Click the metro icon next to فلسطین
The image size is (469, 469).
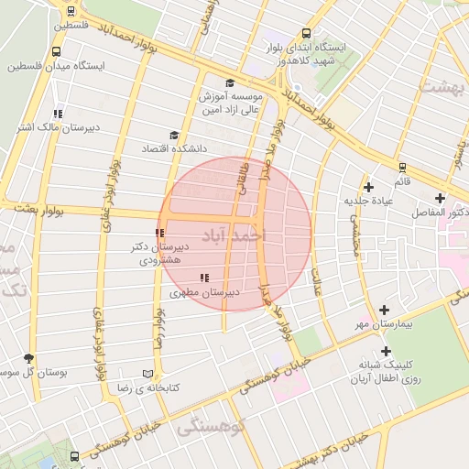click(x=71, y=11)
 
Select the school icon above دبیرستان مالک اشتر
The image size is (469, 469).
click(x=58, y=114)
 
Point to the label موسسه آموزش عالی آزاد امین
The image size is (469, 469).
click(x=233, y=103)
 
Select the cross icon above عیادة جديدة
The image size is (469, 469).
click(x=368, y=186)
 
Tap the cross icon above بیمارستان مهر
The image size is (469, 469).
click(x=384, y=310)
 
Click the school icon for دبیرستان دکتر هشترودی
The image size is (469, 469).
click(x=160, y=233)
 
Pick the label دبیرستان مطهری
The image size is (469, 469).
click(x=205, y=293)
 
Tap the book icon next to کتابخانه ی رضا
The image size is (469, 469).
click(x=147, y=374)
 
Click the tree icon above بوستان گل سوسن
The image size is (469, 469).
click(x=30, y=358)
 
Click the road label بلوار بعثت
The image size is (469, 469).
click(x=38, y=210)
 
